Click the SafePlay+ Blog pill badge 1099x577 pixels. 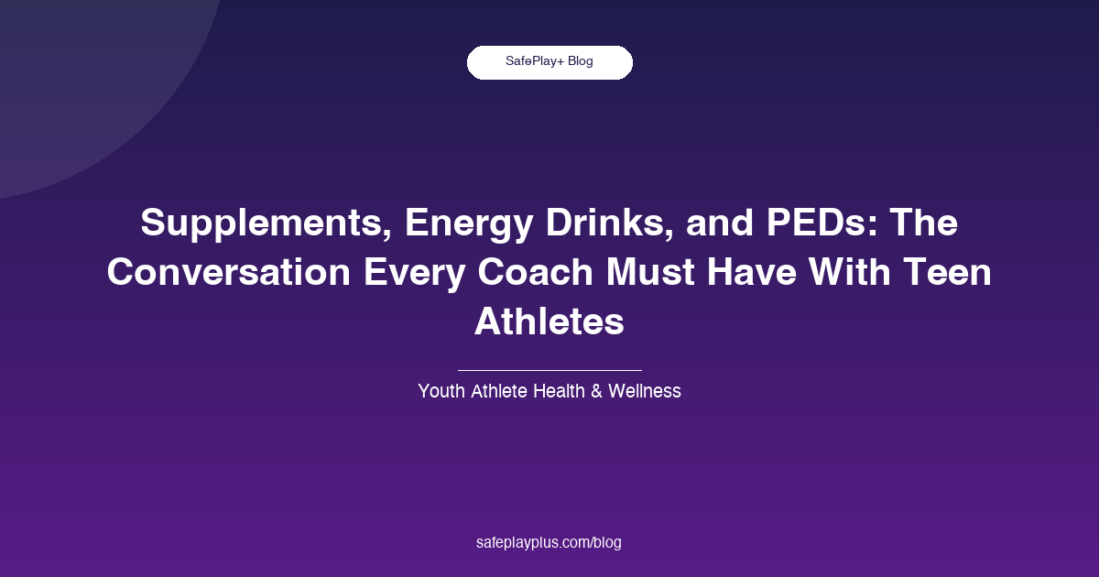click(549, 62)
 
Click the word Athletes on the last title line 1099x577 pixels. click(549, 322)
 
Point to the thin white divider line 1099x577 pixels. click(549, 370)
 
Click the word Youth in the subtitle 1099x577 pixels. click(441, 391)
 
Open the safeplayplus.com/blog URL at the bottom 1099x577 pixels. click(549, 542)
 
